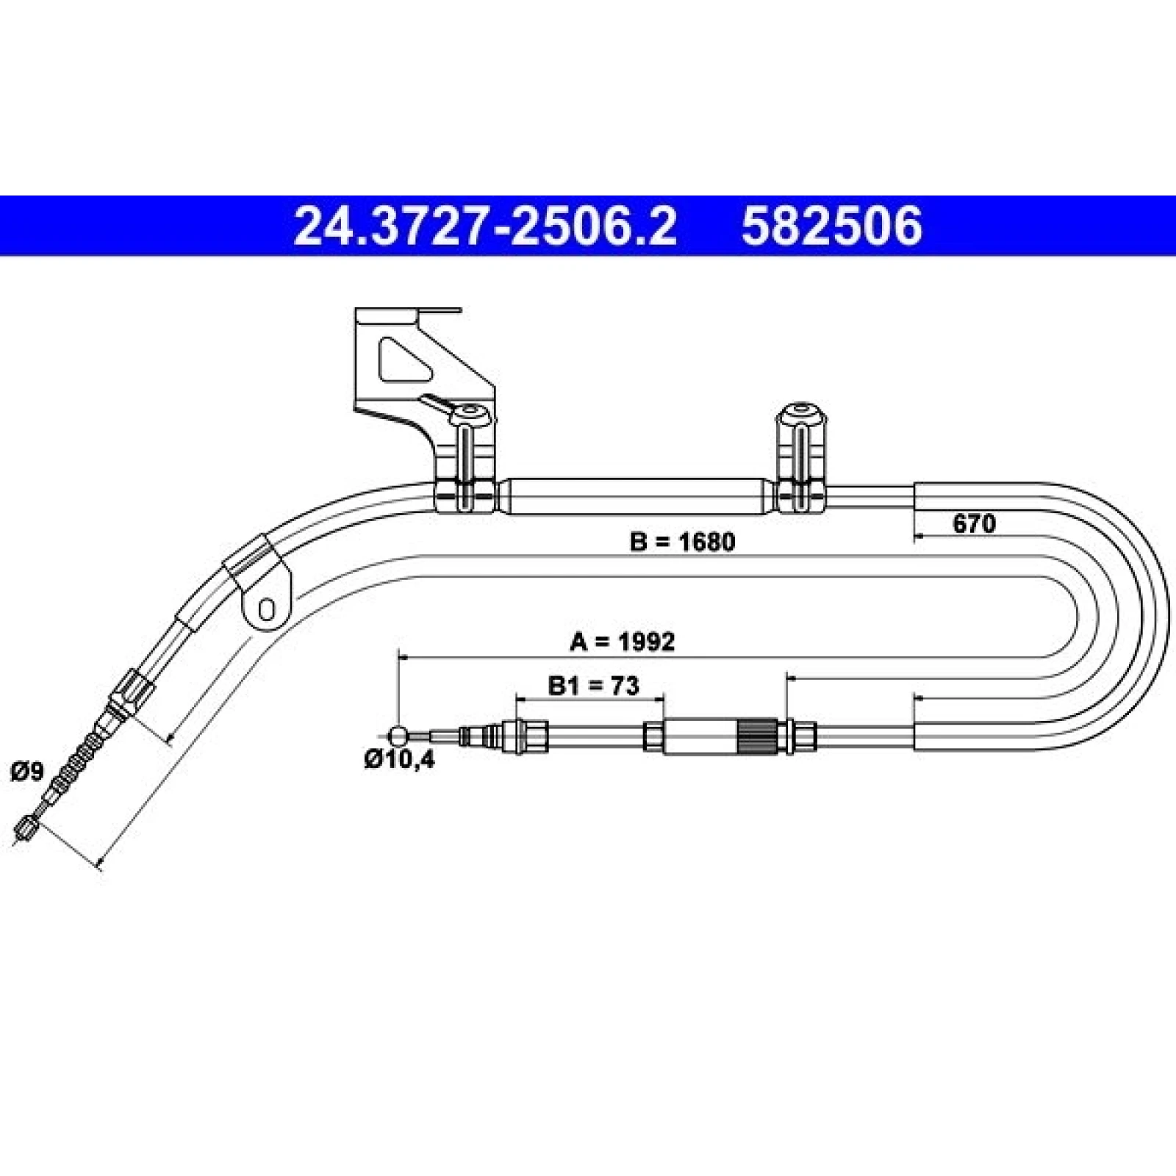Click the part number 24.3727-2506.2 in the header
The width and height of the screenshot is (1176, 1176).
(x=484, y=226)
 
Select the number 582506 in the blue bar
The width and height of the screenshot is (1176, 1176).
(x=831, y=226)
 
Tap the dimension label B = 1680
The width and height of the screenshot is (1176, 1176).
(x=682, y=542)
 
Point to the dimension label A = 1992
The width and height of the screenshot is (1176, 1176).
(x=622, y=642)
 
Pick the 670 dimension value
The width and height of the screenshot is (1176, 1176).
(x=974, y=524)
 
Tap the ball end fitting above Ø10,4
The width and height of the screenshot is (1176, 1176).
(x=398, y=734)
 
